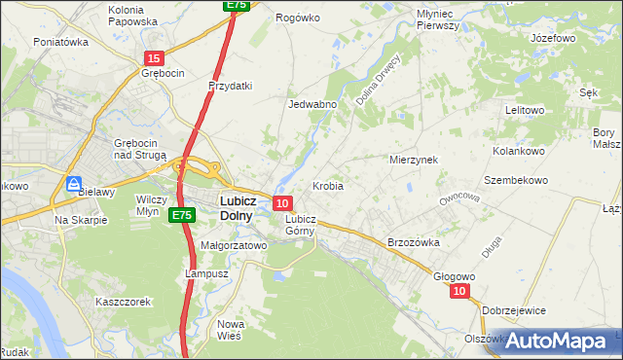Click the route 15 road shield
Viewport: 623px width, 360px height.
pos(154,59)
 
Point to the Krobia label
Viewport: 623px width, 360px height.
pos(328,185)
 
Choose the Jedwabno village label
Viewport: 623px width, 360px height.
pos(313,104)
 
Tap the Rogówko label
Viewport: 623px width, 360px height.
pos(298,18)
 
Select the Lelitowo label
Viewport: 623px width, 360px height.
pos(525,110)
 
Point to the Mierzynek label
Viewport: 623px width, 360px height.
pos(414,159)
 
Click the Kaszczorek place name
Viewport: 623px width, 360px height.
pos(123,302)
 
